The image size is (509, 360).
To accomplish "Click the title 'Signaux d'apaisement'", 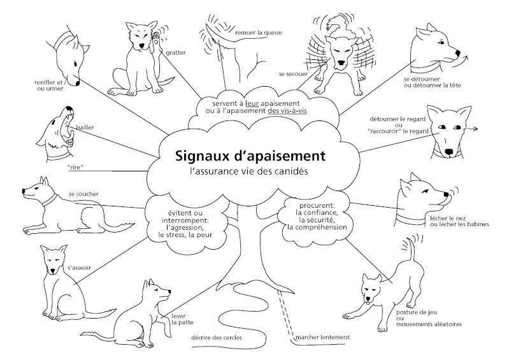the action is pos(250,156).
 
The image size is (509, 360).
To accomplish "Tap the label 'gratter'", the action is pos(176,53).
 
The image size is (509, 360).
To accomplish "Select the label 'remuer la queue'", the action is pos(259,32).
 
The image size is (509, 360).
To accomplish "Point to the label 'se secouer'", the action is pos(293,74).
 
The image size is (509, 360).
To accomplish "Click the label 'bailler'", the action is pos(85,127).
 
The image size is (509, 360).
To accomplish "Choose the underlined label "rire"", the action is pos(75,168).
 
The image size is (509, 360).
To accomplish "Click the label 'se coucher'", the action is pos(83,194).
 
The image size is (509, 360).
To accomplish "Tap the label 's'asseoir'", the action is pos(80,268).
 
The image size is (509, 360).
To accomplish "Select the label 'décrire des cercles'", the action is pos(217,338).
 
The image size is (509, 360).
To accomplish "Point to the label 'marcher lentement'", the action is pos(323,337).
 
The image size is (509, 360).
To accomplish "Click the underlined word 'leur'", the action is pos(252,104).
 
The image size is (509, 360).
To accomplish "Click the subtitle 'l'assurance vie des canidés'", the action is pos(248,171).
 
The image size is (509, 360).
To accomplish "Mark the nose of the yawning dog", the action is pos(69,108).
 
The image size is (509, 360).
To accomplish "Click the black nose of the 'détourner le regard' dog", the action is pos(449,152).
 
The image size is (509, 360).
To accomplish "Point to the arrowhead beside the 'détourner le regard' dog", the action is pos(475,129).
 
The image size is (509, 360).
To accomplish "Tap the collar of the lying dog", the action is pos(49,199).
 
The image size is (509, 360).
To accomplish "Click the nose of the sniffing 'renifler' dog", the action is pos(78,83).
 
